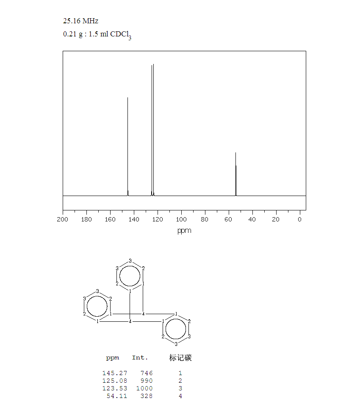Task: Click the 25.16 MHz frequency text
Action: coord(80,21)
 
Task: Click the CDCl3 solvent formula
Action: coord(121,35)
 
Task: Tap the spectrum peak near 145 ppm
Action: coord(128,146)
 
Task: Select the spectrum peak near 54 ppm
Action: coord(236,174)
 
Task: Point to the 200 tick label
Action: coord(63,219)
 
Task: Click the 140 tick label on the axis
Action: coord(134,219)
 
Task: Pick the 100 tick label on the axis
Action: coord(181,219)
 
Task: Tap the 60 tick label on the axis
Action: coord(228,219)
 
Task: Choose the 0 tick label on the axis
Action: coord(300,219)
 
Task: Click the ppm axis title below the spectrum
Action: coord(184,231)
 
